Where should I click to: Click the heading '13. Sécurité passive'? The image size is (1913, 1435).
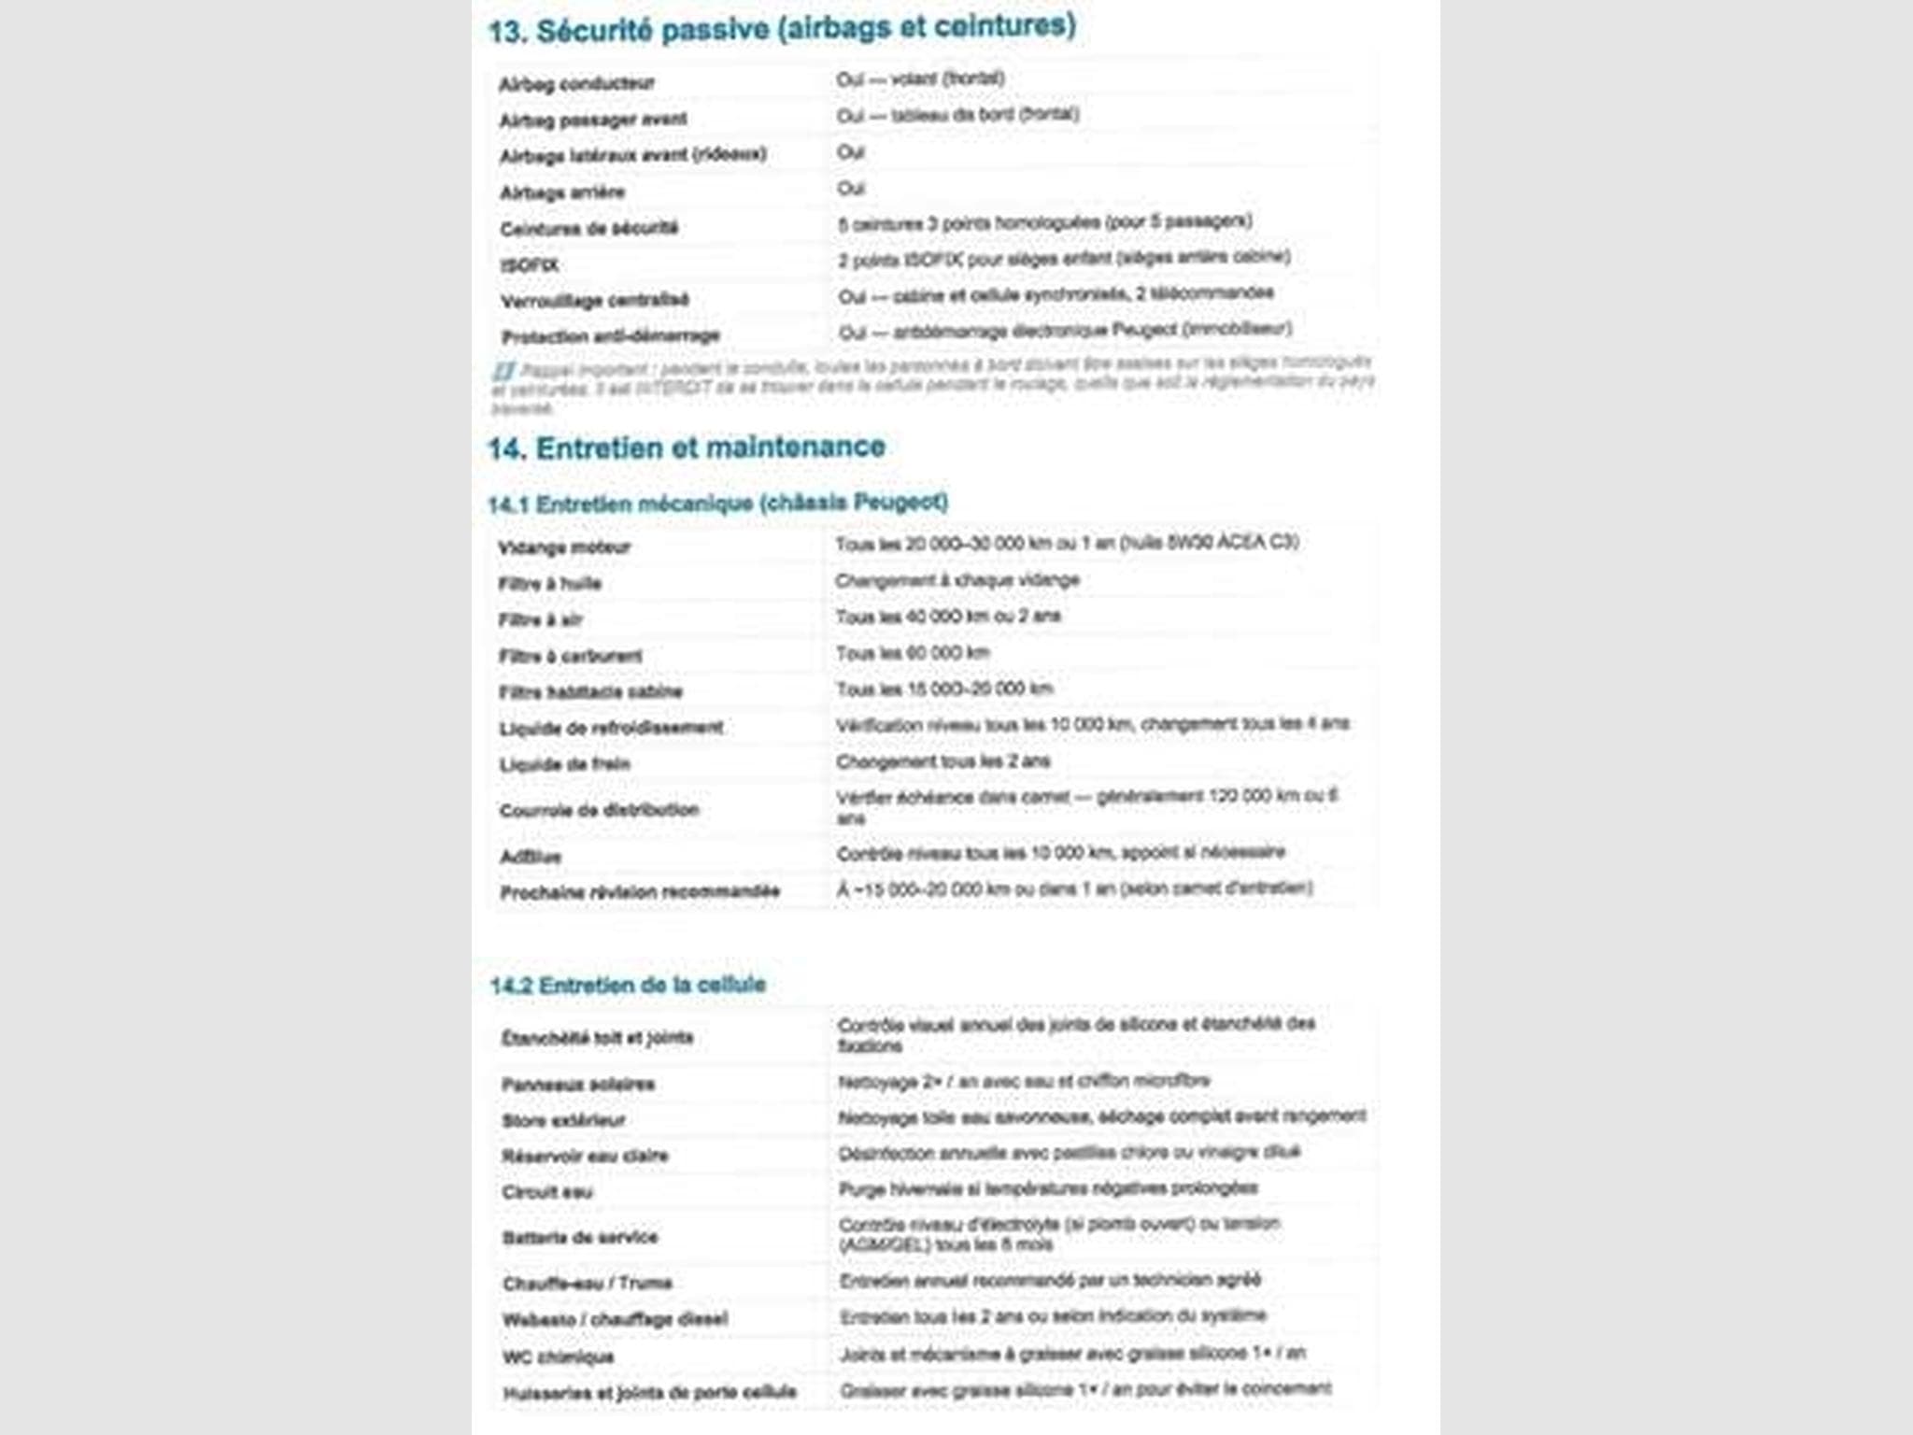pos(782,29)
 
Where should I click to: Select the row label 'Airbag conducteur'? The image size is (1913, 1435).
pos(576,84)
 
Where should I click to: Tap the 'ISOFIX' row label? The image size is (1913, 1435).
pos(530,265)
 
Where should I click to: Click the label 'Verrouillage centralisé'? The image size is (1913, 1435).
pos(595,301)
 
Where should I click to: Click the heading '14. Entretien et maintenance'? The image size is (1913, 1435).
pos(687,448)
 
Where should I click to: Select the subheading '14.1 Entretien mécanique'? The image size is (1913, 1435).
pos(717,504)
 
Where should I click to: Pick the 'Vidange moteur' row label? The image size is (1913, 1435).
pos(564,547)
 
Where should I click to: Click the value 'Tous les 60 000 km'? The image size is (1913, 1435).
pos(913,653)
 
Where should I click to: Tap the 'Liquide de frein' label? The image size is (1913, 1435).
pos(565,764)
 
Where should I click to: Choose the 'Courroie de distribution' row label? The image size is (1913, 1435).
pos(600,810)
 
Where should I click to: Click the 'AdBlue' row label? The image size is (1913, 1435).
pos(531,857)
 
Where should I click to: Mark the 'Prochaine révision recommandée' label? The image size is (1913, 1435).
pos(640,892)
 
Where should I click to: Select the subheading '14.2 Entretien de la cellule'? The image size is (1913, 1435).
pos(628,985)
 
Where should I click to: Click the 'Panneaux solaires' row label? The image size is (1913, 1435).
pos(578,1085)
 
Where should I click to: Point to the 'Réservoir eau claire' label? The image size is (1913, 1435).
pos(586,1157)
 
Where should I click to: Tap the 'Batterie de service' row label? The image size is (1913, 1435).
pos(580,1238)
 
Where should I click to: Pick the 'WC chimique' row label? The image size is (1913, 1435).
pos(559,1357)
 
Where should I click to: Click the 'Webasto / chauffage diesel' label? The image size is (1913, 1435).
pos(616,1320)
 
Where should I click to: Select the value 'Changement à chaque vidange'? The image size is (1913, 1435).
pos(957,580)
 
